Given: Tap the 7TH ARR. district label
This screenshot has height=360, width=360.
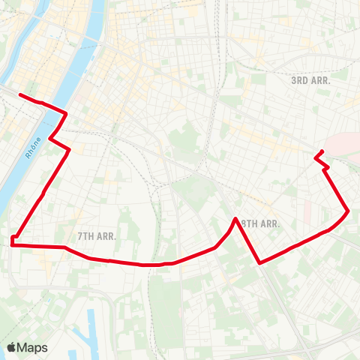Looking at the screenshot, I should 97,235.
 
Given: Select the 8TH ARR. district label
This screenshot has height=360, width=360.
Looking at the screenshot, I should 259,223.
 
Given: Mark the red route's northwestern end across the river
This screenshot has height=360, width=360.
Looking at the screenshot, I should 19,95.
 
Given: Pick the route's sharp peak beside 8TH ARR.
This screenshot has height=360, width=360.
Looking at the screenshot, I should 236,219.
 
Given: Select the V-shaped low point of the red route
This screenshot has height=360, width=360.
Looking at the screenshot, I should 259,262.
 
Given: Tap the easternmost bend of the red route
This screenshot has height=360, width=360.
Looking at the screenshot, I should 348,211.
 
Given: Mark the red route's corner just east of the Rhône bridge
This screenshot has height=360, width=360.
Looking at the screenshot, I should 67,114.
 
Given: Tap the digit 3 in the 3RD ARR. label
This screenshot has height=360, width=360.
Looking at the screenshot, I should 294,79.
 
